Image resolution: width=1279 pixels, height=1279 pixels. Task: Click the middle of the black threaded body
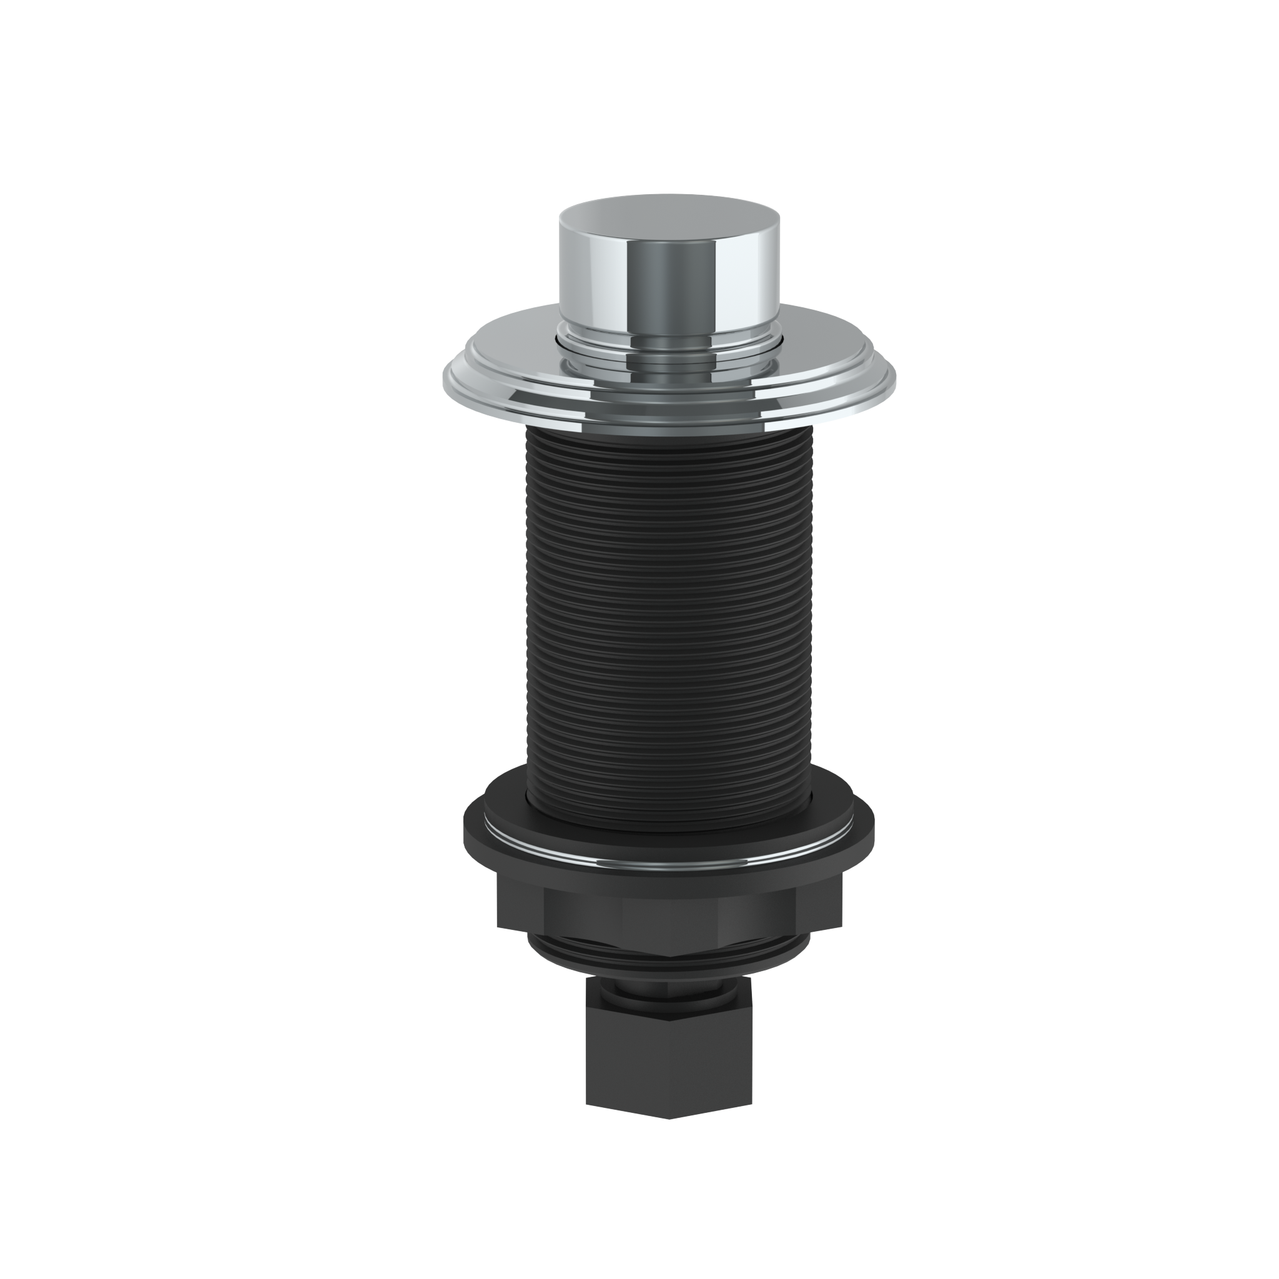669,609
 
